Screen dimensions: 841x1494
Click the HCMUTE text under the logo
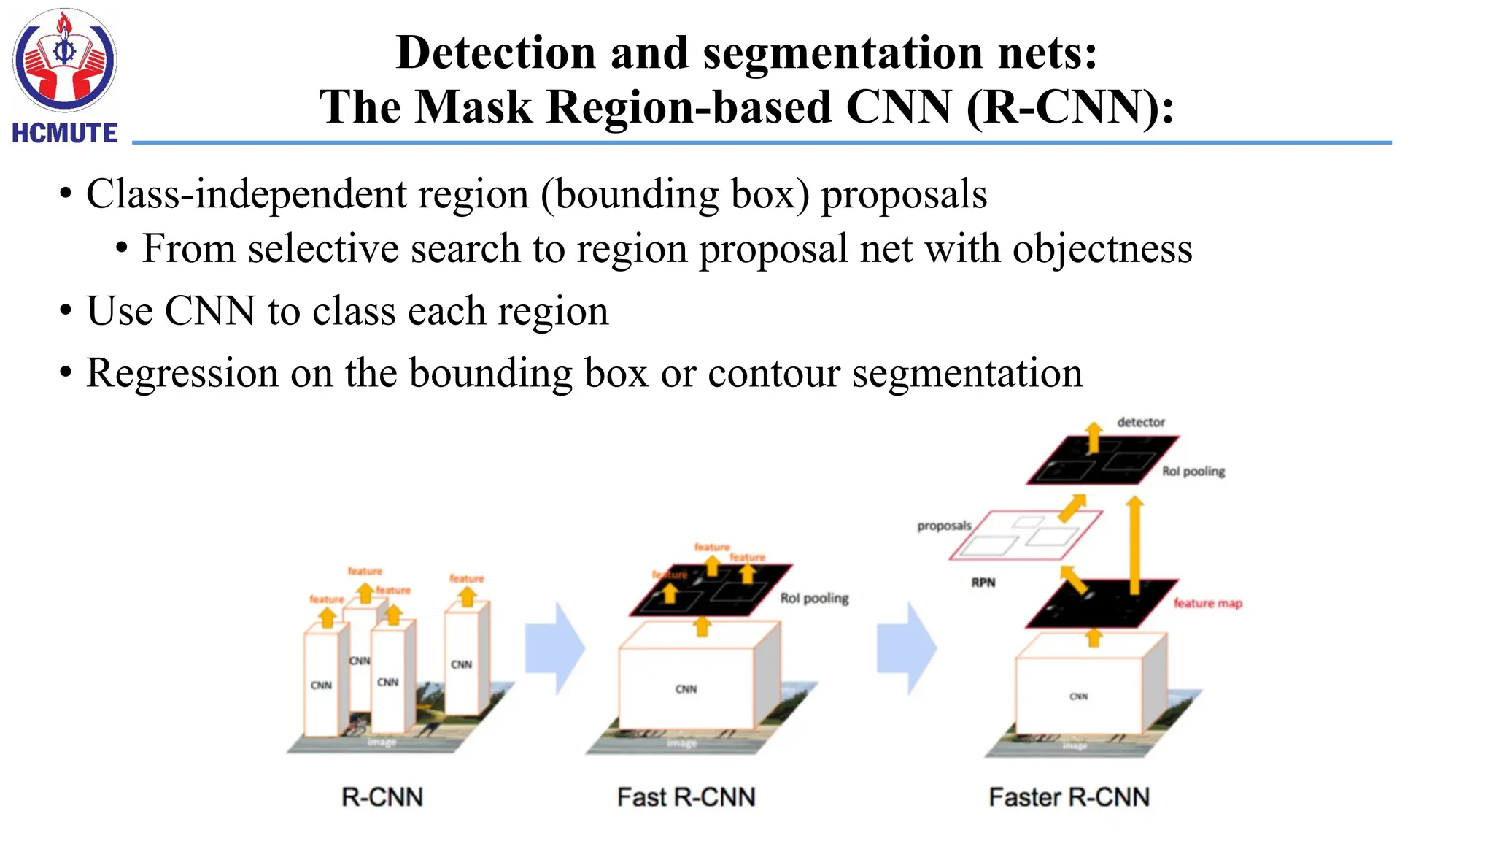point(64,133)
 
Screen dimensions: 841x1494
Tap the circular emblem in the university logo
point(64,60)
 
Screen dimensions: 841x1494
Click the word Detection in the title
point(496,53)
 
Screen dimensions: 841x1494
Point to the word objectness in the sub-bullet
point(1102,249)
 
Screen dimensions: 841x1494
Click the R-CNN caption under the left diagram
point(382,796)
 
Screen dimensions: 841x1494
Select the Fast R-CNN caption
point(686,796)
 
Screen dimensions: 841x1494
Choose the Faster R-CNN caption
point(1069,796)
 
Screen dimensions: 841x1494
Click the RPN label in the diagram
point(983,583)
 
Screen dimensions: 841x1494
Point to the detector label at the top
point(1141,422)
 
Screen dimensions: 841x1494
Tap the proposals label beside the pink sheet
point(944,526)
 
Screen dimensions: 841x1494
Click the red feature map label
point(1207,603)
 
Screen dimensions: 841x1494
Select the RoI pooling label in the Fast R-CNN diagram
point(814,599)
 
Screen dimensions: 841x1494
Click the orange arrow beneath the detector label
point(1093,437)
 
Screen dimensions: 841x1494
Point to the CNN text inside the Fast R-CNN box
point(686,688)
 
